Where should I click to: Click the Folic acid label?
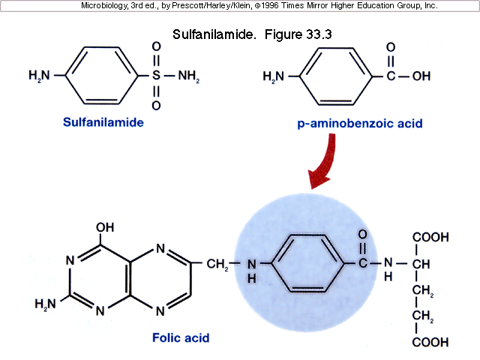click(180, 338)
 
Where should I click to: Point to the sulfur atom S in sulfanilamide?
click(156, 76)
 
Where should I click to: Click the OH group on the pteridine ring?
click(104, 226)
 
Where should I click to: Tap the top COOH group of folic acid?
click(430, 238)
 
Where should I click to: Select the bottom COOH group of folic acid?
click(430, 342)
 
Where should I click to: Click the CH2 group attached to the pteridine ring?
click(216, 264)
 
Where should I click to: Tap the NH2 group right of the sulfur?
click(188, 76)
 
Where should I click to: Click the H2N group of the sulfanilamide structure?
click(40, 76)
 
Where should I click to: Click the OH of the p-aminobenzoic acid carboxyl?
click(421, 76)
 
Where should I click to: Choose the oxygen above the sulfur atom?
click(156, 46)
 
